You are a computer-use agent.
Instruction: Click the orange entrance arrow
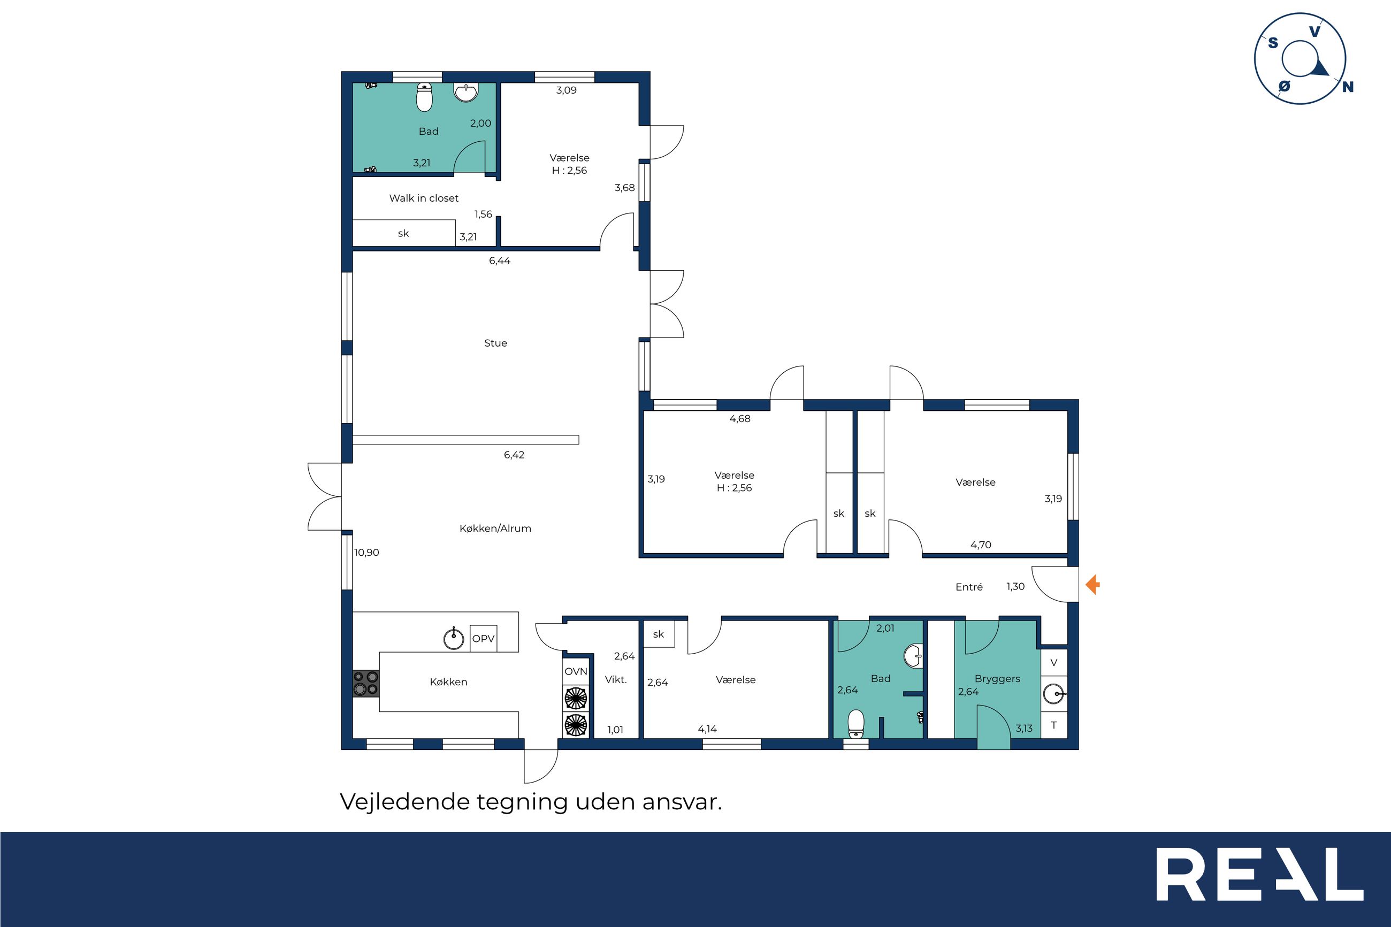point(1092,585)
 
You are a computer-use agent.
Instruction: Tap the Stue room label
point(495,343)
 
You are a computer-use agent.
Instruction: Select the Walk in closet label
point(423,198)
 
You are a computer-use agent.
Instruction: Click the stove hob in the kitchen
point(366,683)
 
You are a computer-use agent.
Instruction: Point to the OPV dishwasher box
point(483,639)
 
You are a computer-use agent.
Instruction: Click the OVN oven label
point(576,672)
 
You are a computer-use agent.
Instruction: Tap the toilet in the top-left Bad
point(424,97)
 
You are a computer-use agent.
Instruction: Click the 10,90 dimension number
point(366,553)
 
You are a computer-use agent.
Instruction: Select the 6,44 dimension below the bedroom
point(500,261)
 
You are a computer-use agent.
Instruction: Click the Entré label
point(969,586)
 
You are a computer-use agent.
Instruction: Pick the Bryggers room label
point(997,679)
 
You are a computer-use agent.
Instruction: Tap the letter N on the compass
point(1348,87)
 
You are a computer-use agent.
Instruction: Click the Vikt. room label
point(615,680)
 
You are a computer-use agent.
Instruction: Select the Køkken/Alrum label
point(495,528)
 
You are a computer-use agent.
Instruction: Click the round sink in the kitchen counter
point(454,639)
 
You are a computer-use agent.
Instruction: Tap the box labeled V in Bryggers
point(1053,662)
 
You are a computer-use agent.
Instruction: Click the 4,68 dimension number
point(739,419)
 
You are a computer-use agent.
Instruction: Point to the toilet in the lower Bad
point(856,724)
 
